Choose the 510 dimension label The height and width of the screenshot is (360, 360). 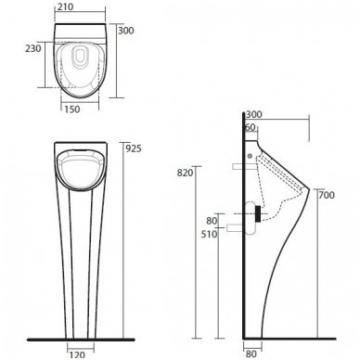211,235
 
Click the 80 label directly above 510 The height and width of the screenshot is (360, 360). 212,220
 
